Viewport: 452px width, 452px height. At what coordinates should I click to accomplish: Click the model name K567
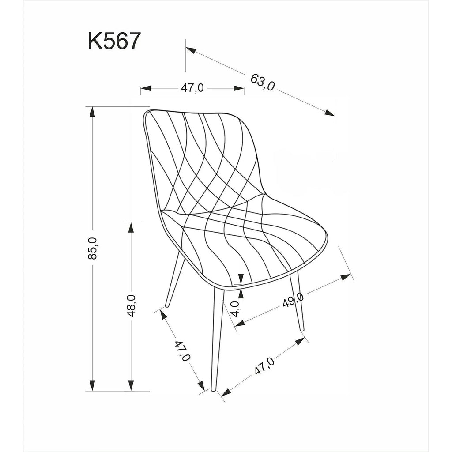point(114,41)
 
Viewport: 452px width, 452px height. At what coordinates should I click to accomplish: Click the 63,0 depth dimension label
point(262,82)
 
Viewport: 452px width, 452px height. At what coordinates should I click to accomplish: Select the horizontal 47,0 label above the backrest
point(192,88)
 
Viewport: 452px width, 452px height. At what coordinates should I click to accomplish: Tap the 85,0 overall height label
point(93,248)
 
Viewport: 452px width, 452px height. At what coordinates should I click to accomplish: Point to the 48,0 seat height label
point(131,306)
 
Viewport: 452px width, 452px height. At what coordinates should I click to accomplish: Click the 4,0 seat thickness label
point(236,309)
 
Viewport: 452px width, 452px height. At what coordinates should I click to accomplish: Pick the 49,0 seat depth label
point(293,300)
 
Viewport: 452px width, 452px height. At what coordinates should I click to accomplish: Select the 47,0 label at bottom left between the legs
point(182,351)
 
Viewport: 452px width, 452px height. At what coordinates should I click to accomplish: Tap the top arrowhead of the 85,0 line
point(92,112)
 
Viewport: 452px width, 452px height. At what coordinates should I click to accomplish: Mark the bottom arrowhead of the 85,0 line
point(92,386)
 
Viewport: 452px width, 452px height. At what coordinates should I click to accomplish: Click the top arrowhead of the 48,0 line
point(131,227)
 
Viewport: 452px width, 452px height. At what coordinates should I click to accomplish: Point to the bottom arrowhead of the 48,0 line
point(131,386)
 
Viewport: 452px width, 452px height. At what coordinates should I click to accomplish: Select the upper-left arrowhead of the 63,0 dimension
point(191,50)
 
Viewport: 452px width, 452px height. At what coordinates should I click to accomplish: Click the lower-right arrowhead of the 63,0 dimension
point(330,113)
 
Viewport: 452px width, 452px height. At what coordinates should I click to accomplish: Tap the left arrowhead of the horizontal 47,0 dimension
point(146,88)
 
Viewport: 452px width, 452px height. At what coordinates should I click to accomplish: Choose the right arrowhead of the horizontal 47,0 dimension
point(239,88)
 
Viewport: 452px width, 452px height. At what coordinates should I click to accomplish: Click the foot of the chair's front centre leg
point(213,389)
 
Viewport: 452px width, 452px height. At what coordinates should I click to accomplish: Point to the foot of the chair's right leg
point(302,329)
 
